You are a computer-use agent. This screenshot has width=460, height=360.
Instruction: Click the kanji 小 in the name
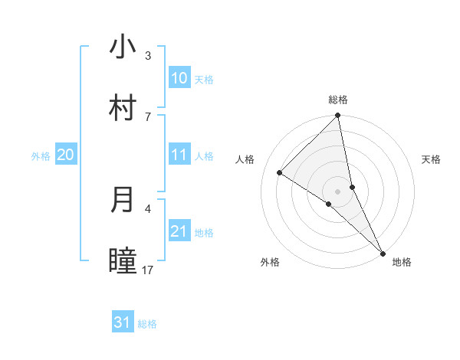tap(123, 47)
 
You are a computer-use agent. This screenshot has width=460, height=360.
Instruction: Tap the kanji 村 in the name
tap(123, 108)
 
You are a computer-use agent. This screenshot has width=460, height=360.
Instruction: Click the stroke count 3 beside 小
tap(147, 56)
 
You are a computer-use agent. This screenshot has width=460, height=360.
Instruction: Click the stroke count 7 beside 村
tap(147, 116)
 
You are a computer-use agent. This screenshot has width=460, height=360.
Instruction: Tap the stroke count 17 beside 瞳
tap(148, 270)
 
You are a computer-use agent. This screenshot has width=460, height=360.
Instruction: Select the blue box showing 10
tap(179, 77)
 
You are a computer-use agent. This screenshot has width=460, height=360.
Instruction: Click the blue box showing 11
tap(179, 155)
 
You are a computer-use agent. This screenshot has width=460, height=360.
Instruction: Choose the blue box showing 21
tap(179, 231)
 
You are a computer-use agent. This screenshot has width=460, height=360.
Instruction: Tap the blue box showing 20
tap(65, 155)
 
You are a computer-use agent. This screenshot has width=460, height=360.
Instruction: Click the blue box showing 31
tap(123, 322)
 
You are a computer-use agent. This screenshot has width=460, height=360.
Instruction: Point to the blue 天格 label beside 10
tap(204, 80)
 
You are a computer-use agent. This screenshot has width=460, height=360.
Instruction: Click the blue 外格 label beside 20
tap(41, 156)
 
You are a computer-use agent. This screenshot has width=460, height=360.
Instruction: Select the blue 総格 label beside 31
tap(147, 324)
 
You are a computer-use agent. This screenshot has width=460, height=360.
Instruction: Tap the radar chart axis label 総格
tap(338, 100)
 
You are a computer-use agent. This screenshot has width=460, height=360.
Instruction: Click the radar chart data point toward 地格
tap(383, 254)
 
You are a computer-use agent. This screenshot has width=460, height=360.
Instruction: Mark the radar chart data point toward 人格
tap(280, 173)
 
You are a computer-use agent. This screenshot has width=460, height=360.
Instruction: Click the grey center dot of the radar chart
tap(338, 191)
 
